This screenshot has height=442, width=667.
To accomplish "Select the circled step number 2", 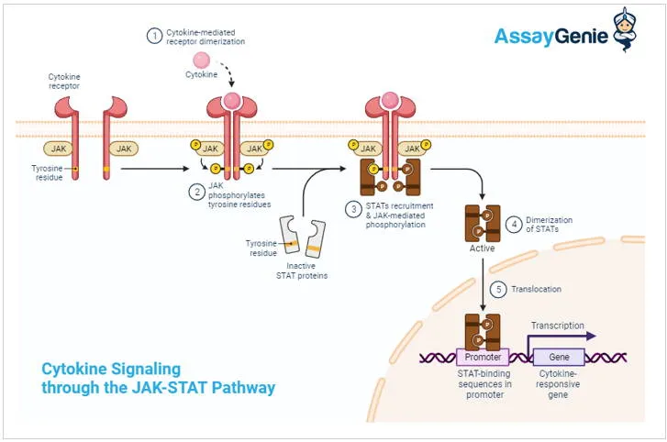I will point(196,192).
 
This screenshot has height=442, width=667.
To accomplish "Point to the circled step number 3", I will point(353,209).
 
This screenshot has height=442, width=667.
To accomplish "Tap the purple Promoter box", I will point(483,358).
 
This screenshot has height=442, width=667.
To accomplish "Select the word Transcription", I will point(557,326).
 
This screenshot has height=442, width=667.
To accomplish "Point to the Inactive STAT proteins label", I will point(302,270).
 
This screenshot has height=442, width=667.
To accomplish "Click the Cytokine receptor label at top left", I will point(65,83).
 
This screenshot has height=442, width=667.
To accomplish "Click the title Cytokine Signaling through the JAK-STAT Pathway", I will point(158,378).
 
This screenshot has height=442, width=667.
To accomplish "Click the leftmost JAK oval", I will point(59,147).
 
